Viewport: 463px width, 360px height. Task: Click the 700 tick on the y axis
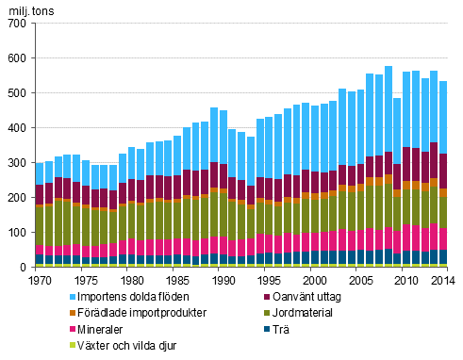18,24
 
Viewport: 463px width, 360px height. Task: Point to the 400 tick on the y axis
18,128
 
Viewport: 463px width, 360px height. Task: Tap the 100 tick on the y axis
18,233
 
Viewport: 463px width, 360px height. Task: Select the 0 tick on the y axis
25,268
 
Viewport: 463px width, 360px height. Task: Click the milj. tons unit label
27,8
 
